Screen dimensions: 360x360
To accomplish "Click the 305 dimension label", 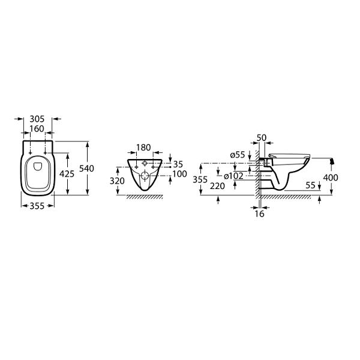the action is point(37,119).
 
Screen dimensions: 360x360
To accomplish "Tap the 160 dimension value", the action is point(37,129).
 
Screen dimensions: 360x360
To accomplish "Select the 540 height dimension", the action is point(86,169).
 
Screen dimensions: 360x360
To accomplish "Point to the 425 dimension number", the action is point(67,174).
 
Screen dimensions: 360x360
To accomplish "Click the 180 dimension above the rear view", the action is point(144,148).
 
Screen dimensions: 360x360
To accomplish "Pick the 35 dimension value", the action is point(178,164).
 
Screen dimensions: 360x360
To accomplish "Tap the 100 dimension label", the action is point(180,174).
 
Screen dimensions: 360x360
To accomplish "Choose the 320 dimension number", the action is point(117,181).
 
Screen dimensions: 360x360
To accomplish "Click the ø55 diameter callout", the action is point(238,155).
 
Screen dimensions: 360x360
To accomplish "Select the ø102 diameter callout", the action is point(233,176).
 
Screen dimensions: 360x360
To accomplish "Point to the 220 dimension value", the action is point(217,186).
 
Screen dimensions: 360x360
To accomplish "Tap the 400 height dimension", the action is point(331,178).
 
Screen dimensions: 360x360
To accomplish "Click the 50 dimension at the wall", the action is point(262,138).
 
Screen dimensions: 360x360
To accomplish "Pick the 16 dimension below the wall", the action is point(260,214).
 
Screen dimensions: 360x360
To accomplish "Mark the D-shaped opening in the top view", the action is point(38,167).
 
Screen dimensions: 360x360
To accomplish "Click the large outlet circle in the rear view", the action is point(145,176).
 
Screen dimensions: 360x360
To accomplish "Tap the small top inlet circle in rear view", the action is point(145,163).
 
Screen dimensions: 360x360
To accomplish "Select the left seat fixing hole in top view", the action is point(31,152).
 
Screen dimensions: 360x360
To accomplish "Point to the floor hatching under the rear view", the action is point(145,197).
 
